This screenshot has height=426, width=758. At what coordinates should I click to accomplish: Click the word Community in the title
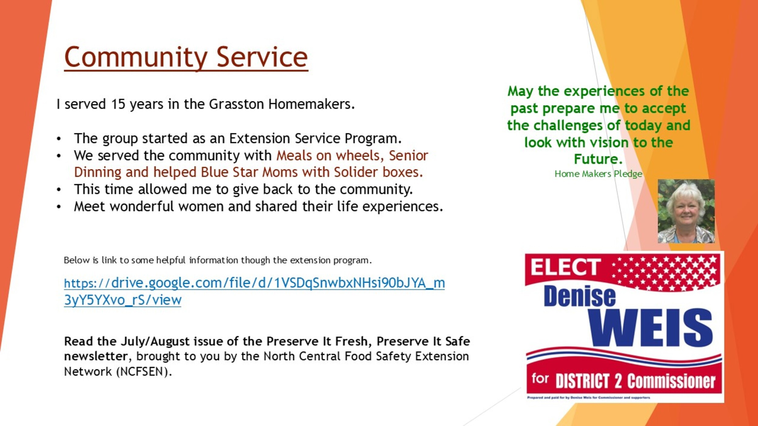[136, 58]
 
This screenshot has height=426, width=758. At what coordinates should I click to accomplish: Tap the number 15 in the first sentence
[118, 104]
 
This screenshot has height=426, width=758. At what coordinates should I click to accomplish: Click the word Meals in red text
[294, 155]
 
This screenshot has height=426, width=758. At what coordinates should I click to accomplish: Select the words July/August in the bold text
[156, 341]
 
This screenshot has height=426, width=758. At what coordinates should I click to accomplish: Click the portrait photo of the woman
[686, 211]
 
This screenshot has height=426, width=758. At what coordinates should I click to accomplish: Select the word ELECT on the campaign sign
[566, 267]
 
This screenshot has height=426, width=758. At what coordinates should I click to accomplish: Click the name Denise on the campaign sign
[580, 296]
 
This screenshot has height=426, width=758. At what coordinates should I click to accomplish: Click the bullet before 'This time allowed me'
[59, 190]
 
